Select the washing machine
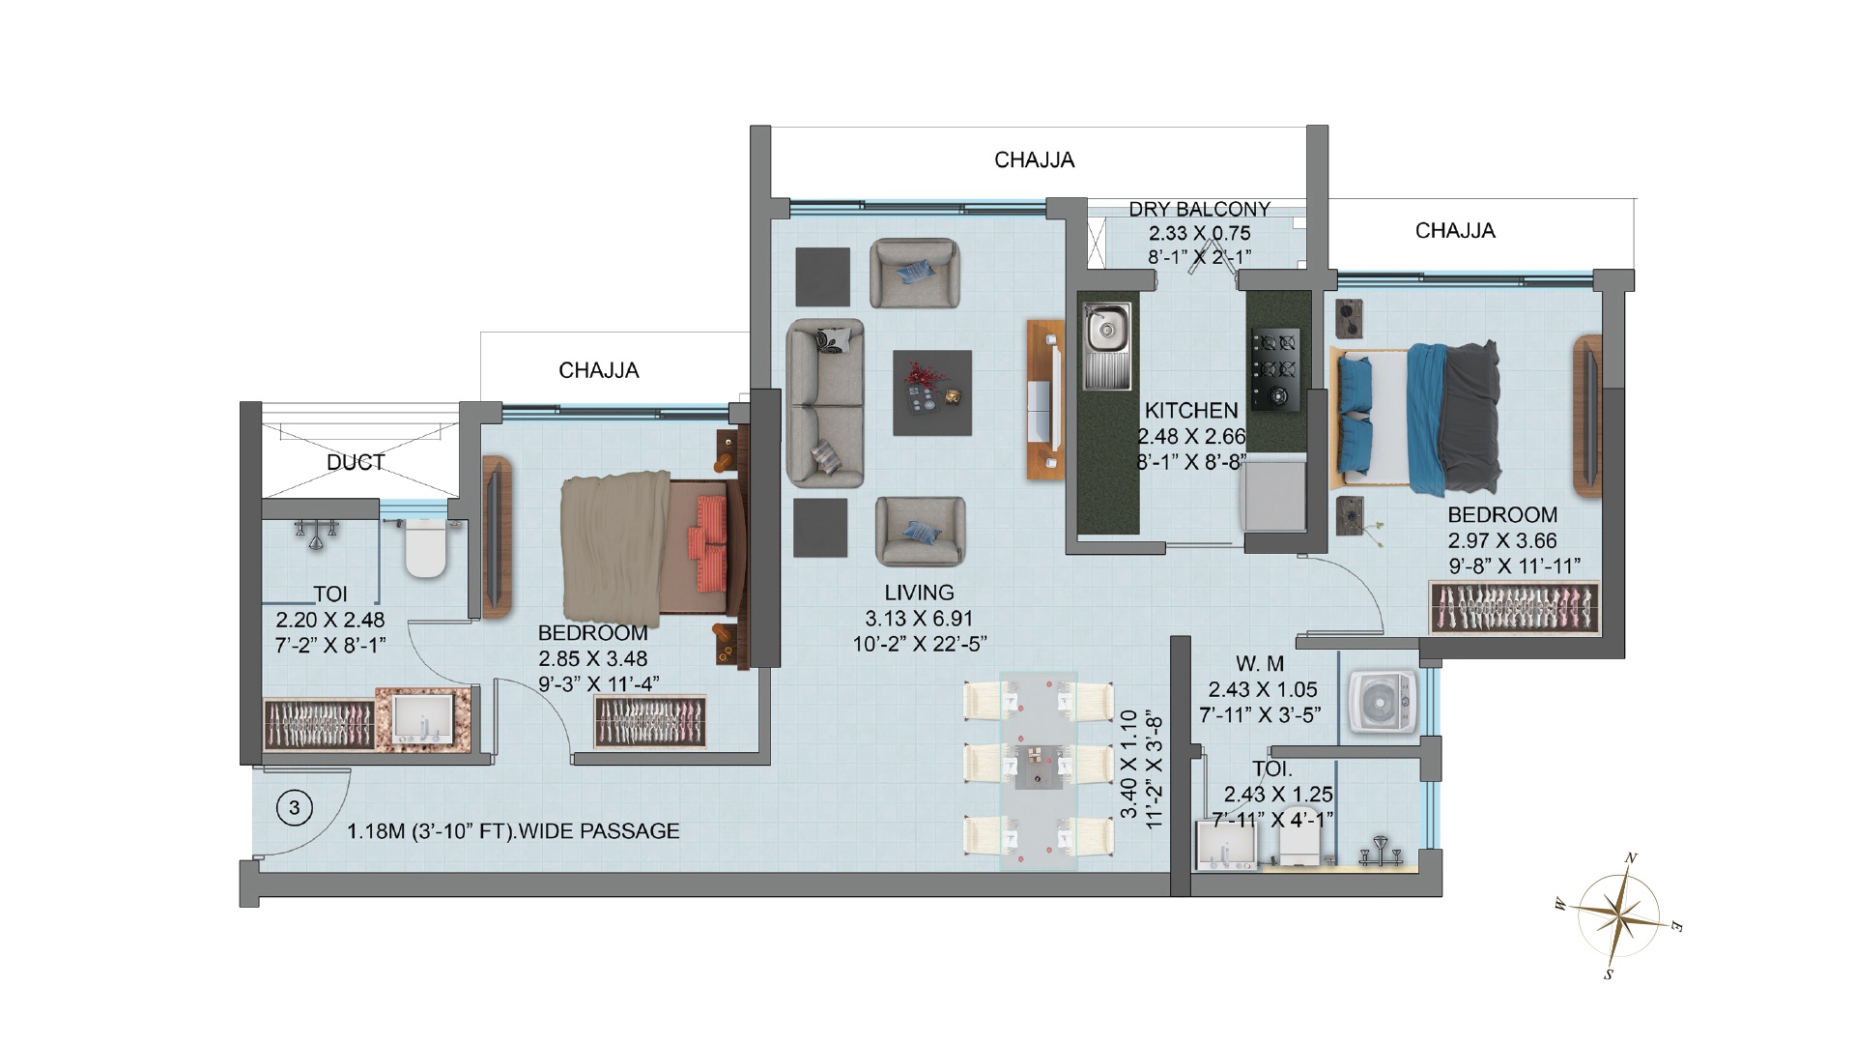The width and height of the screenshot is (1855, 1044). pyautogui.click(x=1384, y=705)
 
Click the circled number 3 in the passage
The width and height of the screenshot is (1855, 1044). pyautogui.click(x=295, y=807)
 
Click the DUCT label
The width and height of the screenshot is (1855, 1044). pyautogui.click(x=356, y=462)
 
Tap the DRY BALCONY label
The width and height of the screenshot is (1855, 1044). pyautogui.click(x=1199, y=210)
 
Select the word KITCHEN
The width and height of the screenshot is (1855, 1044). pyautogui.click(x=1191, y=410)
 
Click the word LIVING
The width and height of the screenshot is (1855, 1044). pyautogui.click(x=919, y=593)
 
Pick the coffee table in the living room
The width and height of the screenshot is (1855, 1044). pyautogui.click(x=932, y=392)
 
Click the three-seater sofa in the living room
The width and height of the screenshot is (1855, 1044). pyautogui.click(x=825, y=402)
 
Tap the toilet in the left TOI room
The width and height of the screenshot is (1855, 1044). pyautogui.click(x=425, y=547)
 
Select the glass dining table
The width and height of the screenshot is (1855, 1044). pyautogui.click(x=1038, y=771)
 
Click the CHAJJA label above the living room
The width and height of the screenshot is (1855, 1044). pyautogui.click(x=1035, y=159)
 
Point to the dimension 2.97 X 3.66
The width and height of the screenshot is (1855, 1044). pyautogui.click(x=1502, y=540)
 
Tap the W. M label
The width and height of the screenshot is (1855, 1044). pyautogui.click(x=1260, y=664)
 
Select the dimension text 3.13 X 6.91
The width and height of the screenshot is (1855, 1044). pyautogui.click(x=919, y=619)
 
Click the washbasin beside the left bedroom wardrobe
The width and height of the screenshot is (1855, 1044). pyautogui.click(x=423, y=720)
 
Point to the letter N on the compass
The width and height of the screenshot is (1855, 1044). pyautogui.click(x=1631, y=857)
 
